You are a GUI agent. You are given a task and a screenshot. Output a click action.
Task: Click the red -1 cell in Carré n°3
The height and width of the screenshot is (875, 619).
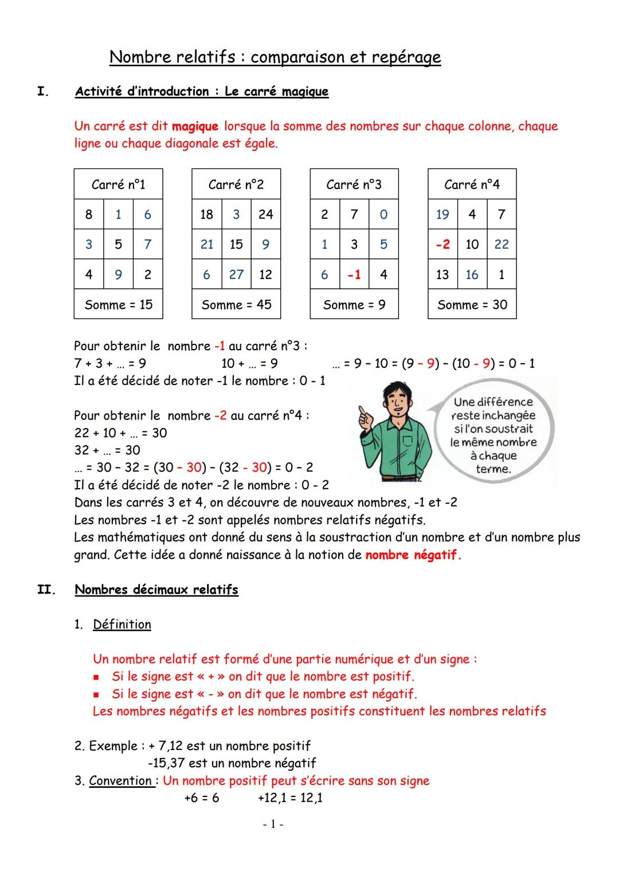354,274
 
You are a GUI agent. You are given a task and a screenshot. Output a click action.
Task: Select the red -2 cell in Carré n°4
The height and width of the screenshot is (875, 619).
442,244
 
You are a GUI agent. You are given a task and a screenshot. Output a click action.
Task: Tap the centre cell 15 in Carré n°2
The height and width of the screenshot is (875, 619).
236,244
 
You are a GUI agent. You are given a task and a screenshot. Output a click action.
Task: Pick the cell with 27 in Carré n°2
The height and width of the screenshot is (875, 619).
236,274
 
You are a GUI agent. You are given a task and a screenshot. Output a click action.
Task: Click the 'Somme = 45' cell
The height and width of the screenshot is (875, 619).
236,305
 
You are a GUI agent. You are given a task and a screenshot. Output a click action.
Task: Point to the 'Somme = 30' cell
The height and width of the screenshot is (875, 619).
472,305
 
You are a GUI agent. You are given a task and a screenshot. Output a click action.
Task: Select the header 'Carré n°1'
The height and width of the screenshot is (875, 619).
118,185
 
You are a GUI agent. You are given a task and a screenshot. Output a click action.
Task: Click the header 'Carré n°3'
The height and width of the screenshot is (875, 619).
354,185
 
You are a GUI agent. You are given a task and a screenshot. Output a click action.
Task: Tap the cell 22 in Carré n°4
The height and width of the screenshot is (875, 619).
502,244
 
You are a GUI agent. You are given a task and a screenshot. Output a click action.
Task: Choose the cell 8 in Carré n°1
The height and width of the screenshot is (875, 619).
89,214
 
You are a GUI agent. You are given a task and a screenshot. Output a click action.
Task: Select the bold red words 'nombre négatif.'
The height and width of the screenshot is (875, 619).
413,555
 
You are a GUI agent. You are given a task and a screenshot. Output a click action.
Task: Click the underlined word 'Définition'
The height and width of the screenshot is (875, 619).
122,625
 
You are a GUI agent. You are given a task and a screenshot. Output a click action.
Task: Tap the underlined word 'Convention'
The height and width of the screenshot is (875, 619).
121,781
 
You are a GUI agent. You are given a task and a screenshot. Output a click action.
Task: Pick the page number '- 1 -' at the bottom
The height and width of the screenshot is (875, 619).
273,824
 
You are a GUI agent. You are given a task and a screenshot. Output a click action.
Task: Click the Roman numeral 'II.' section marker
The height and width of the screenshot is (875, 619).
45,590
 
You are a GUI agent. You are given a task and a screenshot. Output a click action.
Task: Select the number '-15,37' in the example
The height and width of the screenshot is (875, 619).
166,763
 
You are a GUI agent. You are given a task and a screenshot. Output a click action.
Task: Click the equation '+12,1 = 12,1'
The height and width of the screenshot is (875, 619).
290,798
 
